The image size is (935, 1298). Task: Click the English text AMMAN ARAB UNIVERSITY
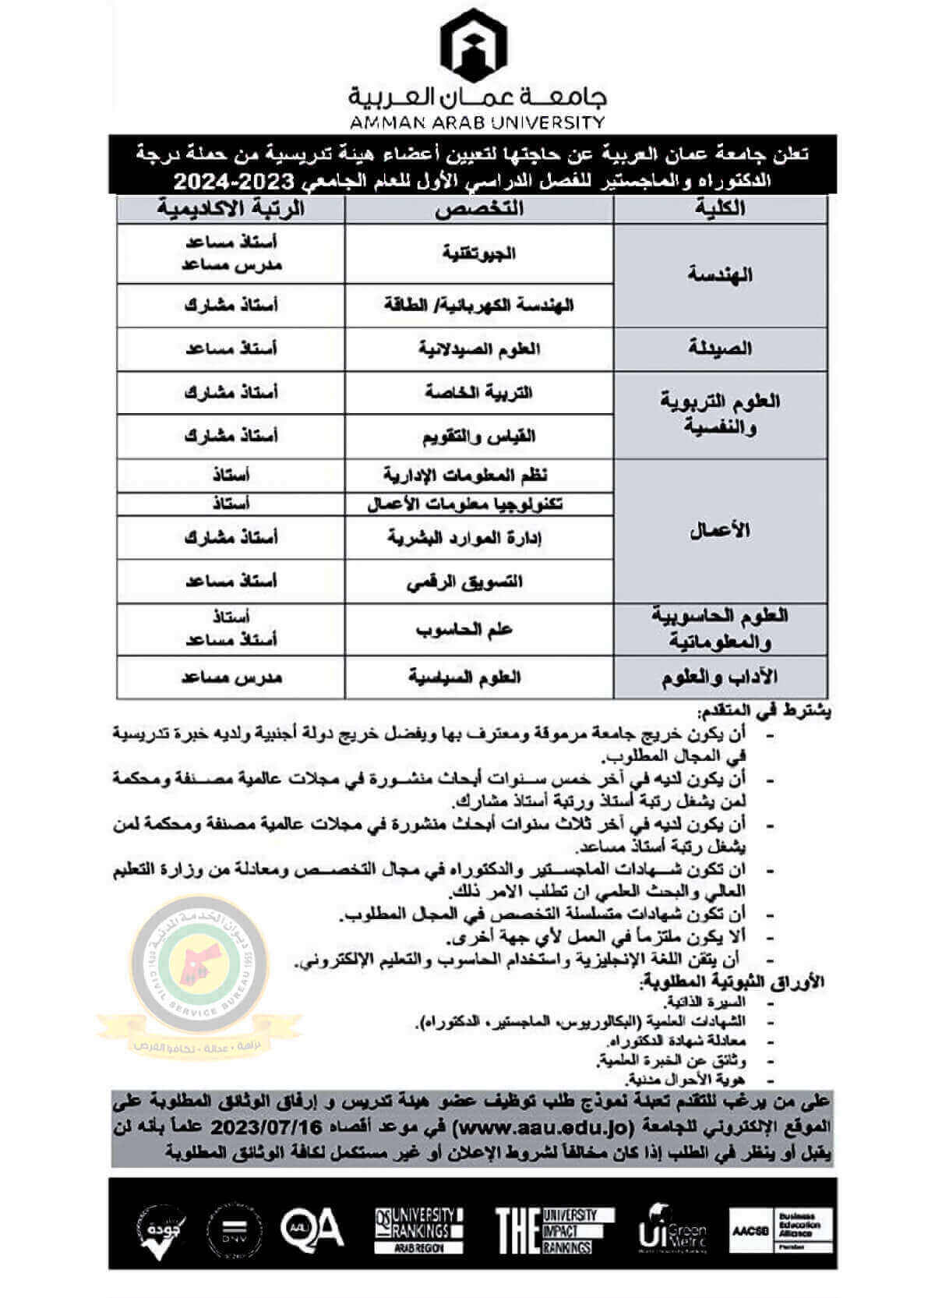(477, 122)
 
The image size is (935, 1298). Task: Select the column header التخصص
(479, 208)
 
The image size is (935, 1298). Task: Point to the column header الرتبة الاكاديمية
(231, 208)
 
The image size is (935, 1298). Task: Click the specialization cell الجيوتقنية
(479, 253)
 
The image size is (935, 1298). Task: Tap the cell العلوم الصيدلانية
(479, 348)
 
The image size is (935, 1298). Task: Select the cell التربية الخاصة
(479, 392)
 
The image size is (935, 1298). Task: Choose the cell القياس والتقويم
(479, 437)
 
